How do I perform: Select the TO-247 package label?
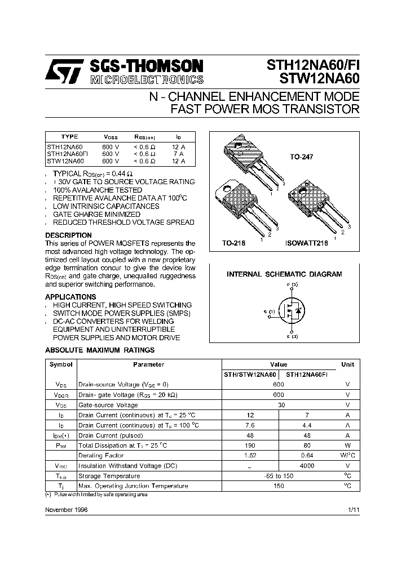pos(301,158)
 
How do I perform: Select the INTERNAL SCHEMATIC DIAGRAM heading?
pos(284,274)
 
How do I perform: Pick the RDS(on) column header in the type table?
pos(144,137)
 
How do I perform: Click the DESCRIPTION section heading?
pos(68,235)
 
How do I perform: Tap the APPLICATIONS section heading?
pos(70,297)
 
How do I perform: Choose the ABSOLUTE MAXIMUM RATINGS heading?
pos(99,350)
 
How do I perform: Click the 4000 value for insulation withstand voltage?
pos(307,466)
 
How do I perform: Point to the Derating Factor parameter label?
pos(101,456)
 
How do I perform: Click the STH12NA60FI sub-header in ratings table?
pos(307,375)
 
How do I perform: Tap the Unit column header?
pos(348,364)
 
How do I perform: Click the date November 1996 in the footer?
pos(66,509)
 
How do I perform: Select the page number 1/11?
pos(354,509)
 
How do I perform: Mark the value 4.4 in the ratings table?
pos(307,425)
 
